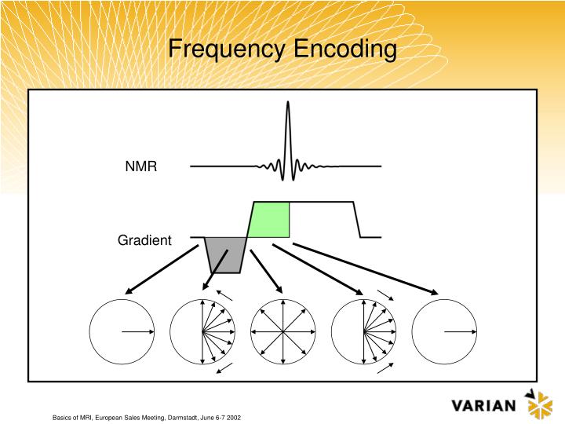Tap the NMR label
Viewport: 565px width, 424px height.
coord(141,167)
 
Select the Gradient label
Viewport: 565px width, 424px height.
coord(144,240)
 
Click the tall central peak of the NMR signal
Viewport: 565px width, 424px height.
coord(288,133)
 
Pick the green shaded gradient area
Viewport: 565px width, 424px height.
coord(270,220)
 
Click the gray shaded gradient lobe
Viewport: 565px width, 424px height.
coord(224,254)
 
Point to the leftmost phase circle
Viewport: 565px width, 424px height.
coord(122,332)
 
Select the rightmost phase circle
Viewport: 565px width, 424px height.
coord(444,332)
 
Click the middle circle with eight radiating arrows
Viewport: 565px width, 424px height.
coord(283,332)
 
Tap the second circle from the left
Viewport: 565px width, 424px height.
coord(202,332)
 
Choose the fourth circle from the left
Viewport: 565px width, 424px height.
coord(364,332)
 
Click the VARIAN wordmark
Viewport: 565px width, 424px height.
coord(484,406)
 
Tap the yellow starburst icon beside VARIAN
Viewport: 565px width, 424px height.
coord(539,404)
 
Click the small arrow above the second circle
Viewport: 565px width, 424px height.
coord(224,294)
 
